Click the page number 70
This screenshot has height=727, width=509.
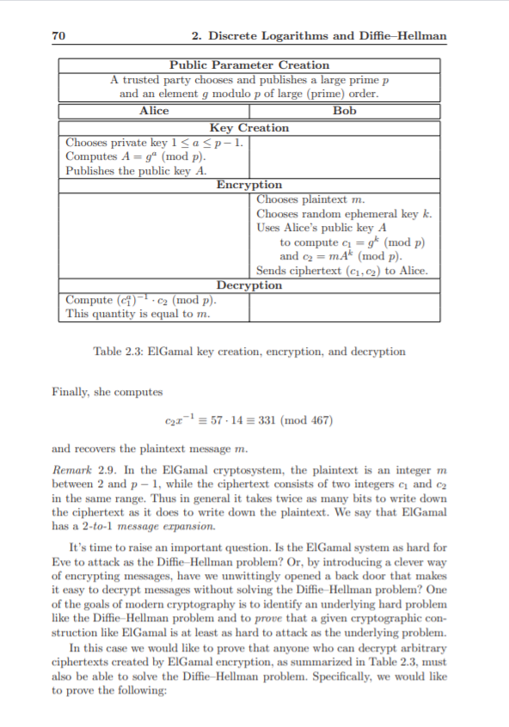pyautogui.click(x=59, y=35)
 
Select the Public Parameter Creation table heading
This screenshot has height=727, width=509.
pyautogui.click(x=249, y=65)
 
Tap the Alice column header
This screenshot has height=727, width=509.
pyautogui.click(x=154, y=111)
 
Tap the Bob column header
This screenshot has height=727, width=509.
pyautogui.click(x=344, y=111)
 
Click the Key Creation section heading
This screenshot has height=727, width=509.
pyautogui.click(x=249, y=128)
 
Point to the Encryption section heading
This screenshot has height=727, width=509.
pyautogui.click(x=249, y=185)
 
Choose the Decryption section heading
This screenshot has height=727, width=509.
pyautogui.click(x=249, y=285)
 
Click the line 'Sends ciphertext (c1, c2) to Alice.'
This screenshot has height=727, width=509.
pyautogui.click(x=342, y=271)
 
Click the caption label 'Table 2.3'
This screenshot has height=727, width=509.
pyautogui.click(x=119, y=351)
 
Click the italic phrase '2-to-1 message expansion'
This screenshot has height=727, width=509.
pyautogui.click(x=140, y=526)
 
